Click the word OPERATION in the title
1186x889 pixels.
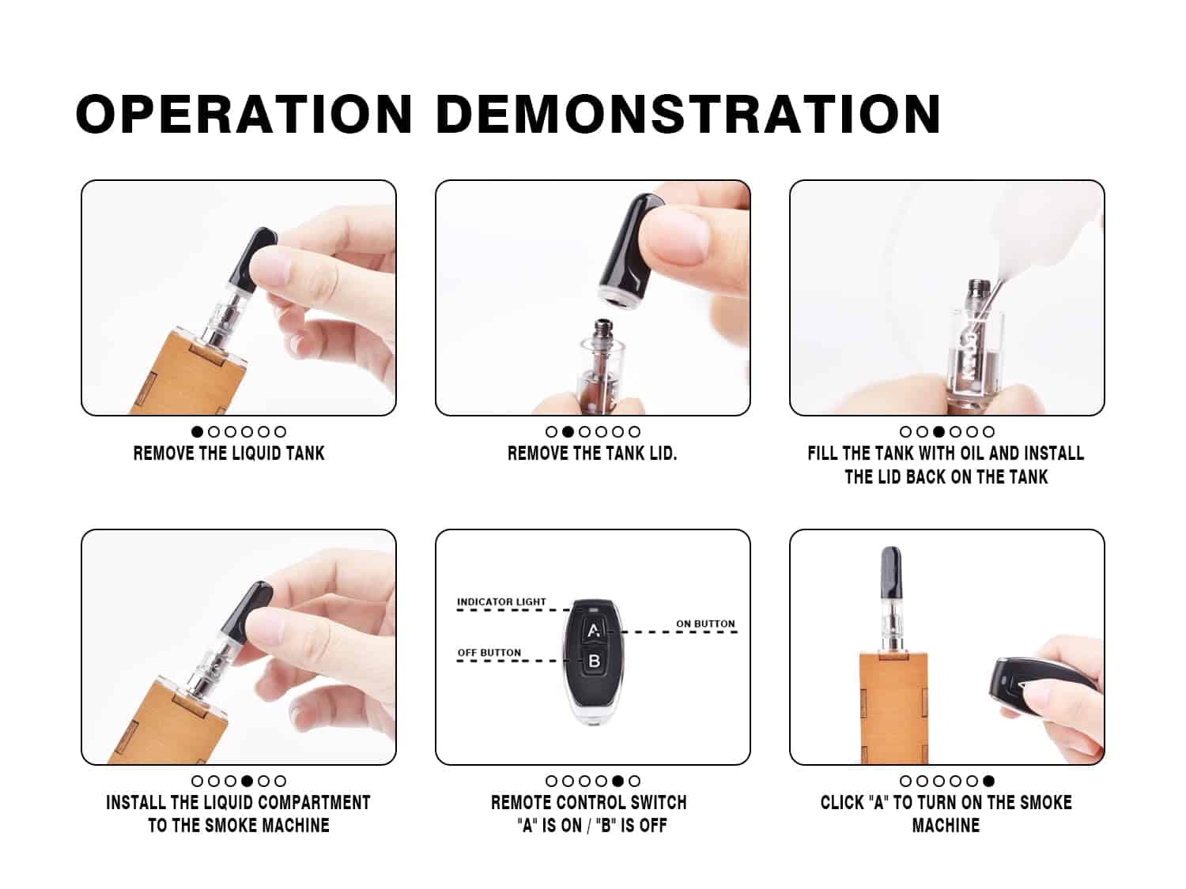(244, 114)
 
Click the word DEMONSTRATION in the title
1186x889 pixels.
(689, 114)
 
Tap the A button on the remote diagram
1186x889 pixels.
(593, 630)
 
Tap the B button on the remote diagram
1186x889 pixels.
(594, 661)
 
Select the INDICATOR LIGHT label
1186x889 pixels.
(501, 602)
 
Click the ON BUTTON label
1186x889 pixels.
(705, 624)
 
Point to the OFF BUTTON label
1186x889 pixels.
(489, 653)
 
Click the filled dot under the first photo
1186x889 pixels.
(197, 431)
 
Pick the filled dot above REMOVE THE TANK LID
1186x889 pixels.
(568, 431)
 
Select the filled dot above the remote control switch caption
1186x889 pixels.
(618, 781)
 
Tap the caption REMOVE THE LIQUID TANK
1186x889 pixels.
(229, 454)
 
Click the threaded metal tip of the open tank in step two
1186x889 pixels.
(601, 330)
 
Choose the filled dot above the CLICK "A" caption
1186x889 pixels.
(989, 781)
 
